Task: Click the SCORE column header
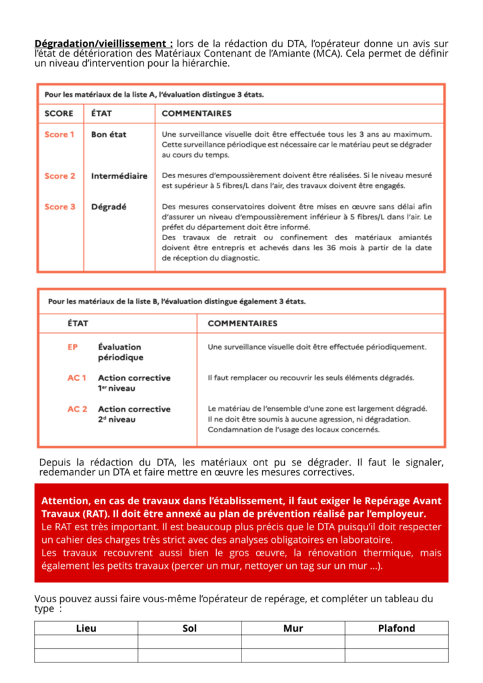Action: (59, 113)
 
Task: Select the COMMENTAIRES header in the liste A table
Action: (196, 113)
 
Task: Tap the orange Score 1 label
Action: (59, 135)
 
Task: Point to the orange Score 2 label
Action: (59, 176)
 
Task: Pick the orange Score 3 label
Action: (59, 207)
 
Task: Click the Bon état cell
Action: (109, 135)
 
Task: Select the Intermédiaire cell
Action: (119, 176)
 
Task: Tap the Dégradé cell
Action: (109, 207)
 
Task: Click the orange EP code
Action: (73, 347)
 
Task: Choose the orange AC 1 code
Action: (77, 378)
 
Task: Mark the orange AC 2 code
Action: (77, 409)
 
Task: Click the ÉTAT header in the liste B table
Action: (77, 323)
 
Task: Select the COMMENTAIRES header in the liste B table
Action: (242, 323)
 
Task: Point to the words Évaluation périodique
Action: (120, 352)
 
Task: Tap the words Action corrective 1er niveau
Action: (133, 383)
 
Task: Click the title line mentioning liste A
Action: (153, 95)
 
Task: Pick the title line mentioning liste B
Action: (177, 301)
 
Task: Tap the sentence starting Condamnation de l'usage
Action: (294, 430)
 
